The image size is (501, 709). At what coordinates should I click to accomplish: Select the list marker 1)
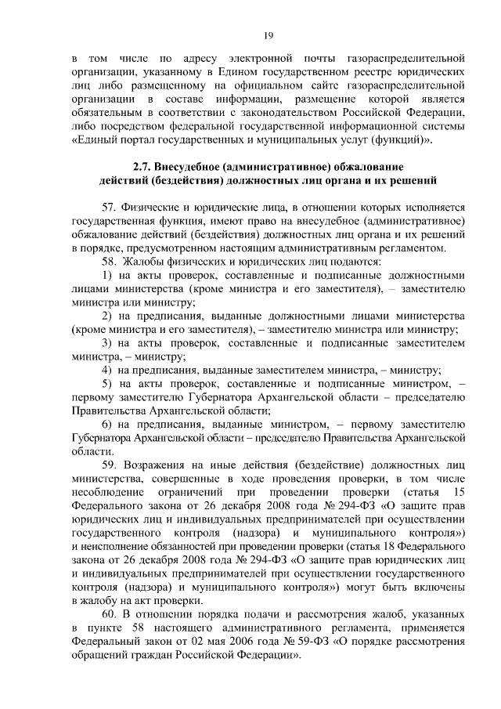(109, 275)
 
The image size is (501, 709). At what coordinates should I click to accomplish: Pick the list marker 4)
(109, 370)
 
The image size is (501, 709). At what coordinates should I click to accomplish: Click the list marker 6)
(109, 424)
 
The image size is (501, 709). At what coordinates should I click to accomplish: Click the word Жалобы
(150, 261)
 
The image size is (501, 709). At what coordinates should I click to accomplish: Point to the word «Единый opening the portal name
(96, 141)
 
